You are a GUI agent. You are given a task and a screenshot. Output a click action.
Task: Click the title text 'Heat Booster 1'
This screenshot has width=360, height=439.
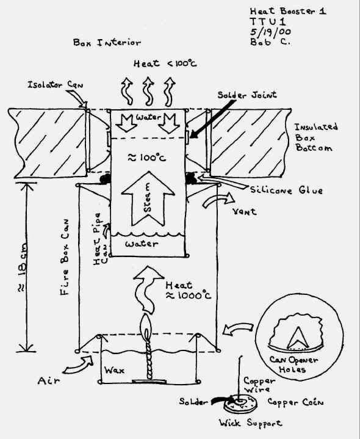(x=288, y=11)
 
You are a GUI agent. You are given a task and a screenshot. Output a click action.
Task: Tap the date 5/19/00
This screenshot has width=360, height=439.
(x=270, y=32)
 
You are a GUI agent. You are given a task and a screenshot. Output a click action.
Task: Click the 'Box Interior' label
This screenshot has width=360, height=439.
(x=107, y=43)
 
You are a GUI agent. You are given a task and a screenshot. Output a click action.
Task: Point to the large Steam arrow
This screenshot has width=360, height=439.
(x=148, y=198)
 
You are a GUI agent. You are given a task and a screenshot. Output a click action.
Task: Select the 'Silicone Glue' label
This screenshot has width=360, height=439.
(x=286, y=190)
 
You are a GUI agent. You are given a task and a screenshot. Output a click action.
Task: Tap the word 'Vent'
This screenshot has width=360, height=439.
(x=244, y=211)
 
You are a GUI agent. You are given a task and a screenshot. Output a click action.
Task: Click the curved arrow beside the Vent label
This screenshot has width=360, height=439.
(x=218, y=200)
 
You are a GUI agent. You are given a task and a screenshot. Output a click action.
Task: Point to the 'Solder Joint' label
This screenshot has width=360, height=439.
(x=247, y=95)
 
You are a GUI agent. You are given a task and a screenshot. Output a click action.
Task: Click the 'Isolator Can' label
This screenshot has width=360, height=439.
(x=56, y=84)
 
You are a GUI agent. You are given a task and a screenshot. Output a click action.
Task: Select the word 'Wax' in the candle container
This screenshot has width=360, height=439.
(x=114, y=371)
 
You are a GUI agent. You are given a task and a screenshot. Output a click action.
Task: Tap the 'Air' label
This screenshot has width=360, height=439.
(x=48, y=381)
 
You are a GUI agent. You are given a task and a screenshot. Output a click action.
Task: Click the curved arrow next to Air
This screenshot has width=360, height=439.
(x=77, y=365)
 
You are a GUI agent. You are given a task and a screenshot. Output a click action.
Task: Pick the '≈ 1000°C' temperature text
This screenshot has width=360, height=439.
(x=189, y=296)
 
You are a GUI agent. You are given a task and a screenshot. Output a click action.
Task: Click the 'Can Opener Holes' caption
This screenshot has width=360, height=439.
(x=293, y=365)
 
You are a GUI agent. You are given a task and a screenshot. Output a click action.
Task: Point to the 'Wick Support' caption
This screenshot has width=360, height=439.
(x=250, y=423)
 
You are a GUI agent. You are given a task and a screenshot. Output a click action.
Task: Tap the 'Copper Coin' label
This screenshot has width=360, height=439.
(x=295, y=402)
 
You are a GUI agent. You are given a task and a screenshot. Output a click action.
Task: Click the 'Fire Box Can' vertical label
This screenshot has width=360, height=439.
(x=65, y=257)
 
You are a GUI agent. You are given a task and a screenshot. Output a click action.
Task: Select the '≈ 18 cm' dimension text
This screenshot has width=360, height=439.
(x=22, y=267)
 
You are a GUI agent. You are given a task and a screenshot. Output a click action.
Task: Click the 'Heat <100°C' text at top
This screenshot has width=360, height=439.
(x=165, y=64)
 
